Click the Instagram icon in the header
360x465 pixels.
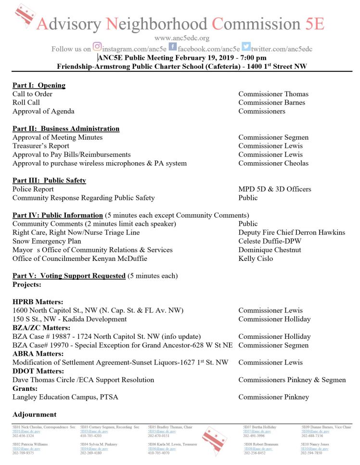click(97, 47)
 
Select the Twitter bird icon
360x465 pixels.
click(246, 47)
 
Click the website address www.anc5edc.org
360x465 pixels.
click(181, 38)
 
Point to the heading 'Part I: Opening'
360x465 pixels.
click(39, 85)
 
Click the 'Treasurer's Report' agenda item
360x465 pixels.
click(41, 146)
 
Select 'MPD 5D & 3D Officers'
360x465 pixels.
click(274, 189)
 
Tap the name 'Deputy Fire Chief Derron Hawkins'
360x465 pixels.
click(292, 232)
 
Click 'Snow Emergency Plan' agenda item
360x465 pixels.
click(47, 241)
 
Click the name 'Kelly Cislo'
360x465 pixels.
click(256, 258)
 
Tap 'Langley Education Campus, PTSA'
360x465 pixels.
click(65, 397)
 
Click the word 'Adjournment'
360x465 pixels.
click(34, 414)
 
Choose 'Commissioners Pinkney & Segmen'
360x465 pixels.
click(292, 380)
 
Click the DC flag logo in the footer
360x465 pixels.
click(215, 439)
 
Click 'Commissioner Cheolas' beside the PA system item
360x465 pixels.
click(273, 163)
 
